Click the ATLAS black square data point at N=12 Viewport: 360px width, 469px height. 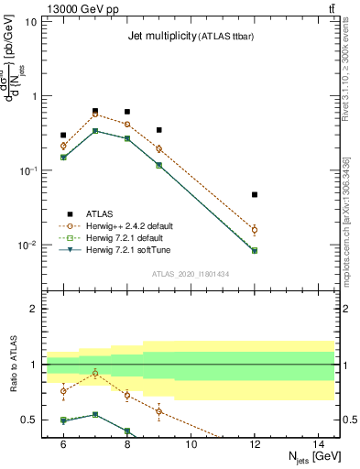click(x=255, y=194)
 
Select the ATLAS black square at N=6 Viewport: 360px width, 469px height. click(x=63, y=135)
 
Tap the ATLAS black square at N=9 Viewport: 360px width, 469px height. click(x=158, y=130)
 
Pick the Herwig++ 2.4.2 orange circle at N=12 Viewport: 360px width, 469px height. click(x=255, y=230)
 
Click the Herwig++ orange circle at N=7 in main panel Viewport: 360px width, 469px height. click(x=95, y=115)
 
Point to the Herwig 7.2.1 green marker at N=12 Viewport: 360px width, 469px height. click(x=255, y=250)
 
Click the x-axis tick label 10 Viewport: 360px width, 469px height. click(x=191, y=444)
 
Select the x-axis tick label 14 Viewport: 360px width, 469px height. click(x=318, y=444)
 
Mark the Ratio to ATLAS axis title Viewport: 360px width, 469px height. click(x=12, y=365)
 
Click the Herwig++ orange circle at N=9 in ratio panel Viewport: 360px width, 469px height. click(x=158, y=411)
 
